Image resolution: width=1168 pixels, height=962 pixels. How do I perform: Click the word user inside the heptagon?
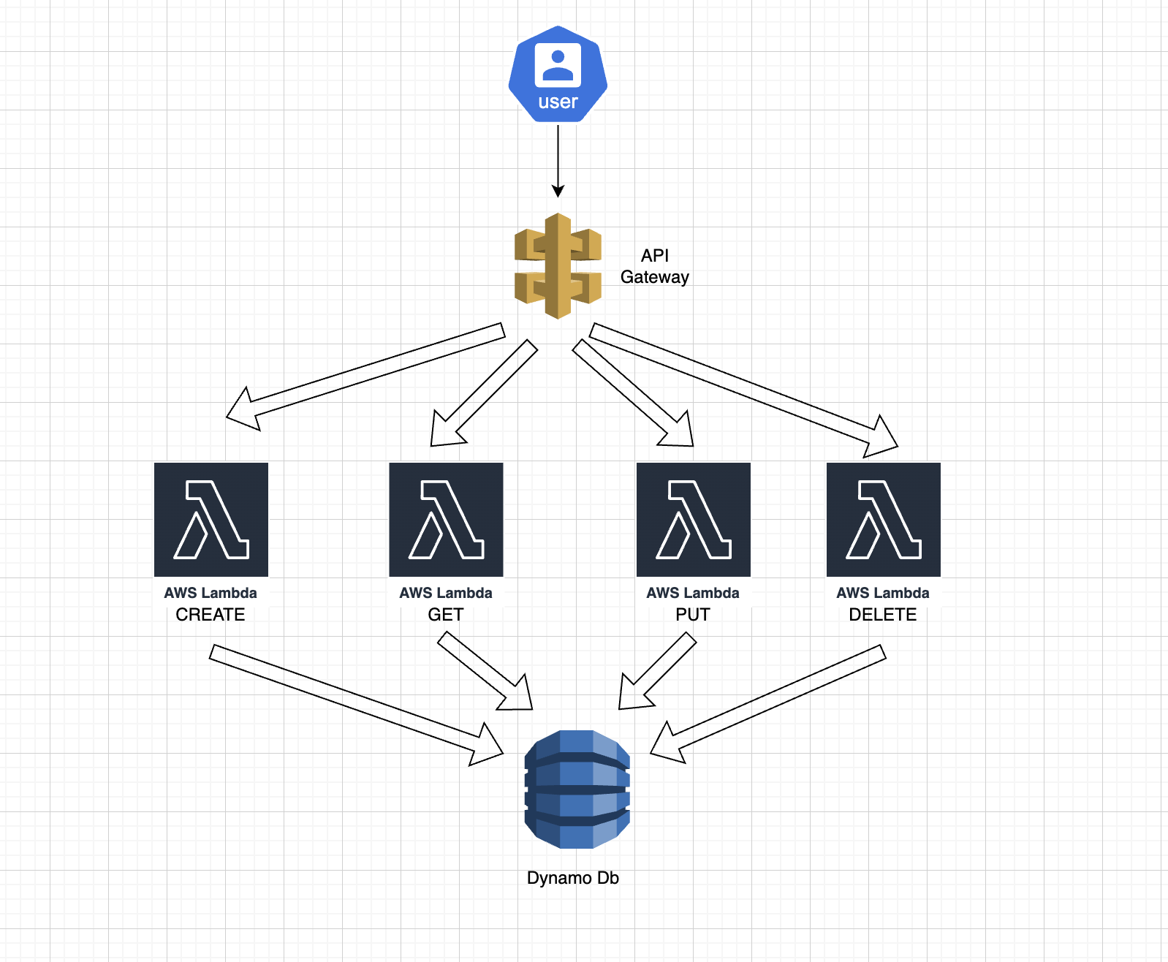click(558, 102)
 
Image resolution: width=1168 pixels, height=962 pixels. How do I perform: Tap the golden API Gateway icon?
click(558, 266)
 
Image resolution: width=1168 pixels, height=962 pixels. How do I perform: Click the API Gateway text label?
click(654, 266)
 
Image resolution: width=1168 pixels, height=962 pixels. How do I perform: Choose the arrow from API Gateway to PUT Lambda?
click(633, 393)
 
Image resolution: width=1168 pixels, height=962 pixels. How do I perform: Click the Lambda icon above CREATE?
click(211, 520)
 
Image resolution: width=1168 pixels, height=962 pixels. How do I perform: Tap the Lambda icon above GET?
click(446, 520)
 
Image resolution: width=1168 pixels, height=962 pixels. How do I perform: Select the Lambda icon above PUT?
click(694, 520)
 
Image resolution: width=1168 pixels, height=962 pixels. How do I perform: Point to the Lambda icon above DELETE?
click(884, 520)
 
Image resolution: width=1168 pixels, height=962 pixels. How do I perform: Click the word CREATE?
click(211, 615)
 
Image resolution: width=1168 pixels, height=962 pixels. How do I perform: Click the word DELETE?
click(882, 615)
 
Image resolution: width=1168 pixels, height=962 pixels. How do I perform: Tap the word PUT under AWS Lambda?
click(692, 615)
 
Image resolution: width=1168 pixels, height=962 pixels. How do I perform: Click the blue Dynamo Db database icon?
click(577, 789)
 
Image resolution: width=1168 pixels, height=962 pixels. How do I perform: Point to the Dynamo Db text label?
click(572, 878)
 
